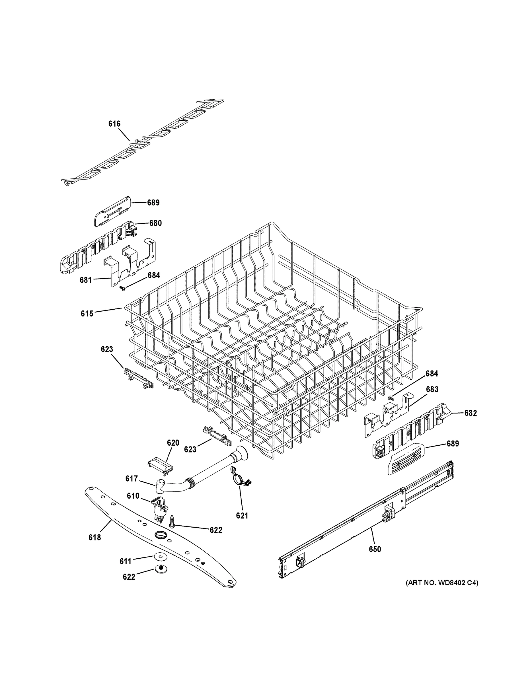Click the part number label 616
[x=114, y=124]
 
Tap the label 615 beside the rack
[x=87, y=313]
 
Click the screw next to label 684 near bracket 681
[x=122, y=289]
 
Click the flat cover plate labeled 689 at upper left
[x=112, y=211]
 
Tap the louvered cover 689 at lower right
[x=405, y=464]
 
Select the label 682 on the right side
[x=471, y=413]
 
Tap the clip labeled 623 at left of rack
[x=138, y=378]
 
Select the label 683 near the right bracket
[x=432, y=389]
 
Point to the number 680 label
[x=155, y=223]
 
